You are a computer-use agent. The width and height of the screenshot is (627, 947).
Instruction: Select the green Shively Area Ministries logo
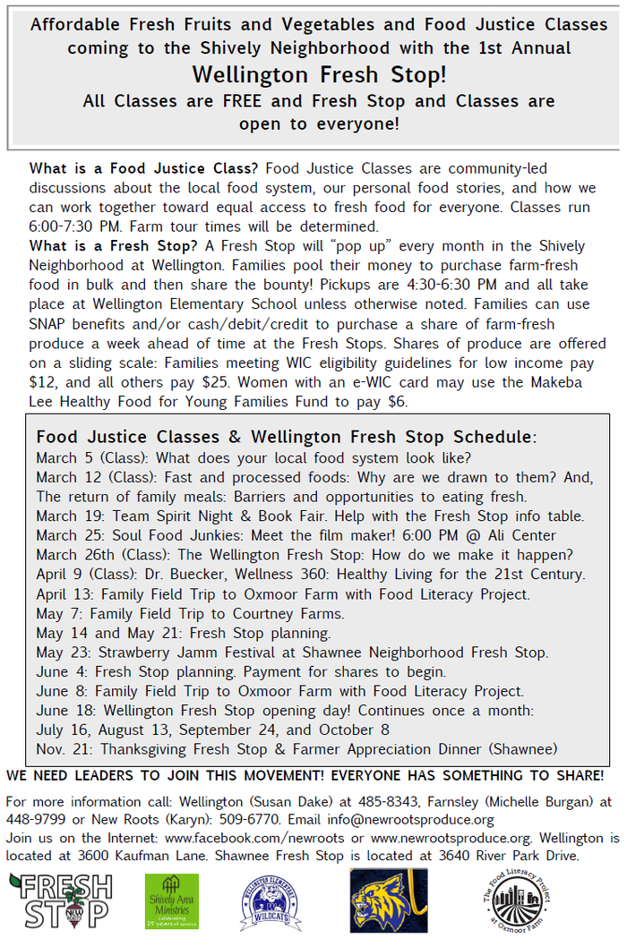click(x=172, y=900)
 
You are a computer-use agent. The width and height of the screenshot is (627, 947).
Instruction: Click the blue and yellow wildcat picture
click(x=388, y=900)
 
